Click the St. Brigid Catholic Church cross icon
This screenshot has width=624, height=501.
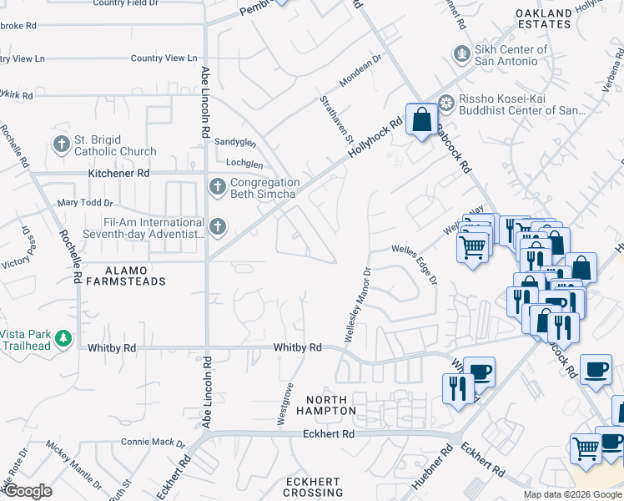point(61,145)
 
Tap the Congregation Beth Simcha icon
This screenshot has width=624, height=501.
point(217,186)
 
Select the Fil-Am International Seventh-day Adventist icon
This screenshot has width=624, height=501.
point(217,226)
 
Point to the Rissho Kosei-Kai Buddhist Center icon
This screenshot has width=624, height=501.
point(446,103)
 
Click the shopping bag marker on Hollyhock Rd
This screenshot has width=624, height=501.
point(422,119)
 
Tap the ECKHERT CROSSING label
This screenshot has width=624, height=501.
point(313,488)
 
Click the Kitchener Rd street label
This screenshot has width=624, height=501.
point(118,173)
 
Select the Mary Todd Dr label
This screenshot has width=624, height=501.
point(84,203)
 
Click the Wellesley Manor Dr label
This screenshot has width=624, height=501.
point(357,305)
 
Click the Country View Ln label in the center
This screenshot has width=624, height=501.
point(164,58)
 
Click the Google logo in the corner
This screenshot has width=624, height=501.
point(28,491)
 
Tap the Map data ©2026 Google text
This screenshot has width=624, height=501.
point(571,494)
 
